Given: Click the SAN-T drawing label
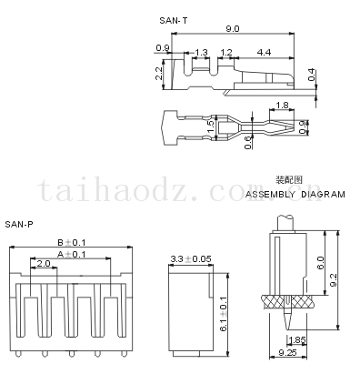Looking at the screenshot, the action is [x=174, y=21].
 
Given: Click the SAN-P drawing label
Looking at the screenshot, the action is [x=19, y=225].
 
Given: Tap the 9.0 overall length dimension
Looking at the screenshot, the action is [x=233, y=28].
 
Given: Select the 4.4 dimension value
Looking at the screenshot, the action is [x=264, y=53].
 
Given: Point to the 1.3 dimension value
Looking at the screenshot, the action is [x=201, y=53].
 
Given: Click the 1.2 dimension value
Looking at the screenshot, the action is [x=226, y=53].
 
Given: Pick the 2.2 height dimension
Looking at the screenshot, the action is [x=159, y=74].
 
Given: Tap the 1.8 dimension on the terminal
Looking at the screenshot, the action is [x=282, y=106].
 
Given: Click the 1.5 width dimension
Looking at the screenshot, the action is [x=212, y=127].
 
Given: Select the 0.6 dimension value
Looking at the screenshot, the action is [x=248, y=142].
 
